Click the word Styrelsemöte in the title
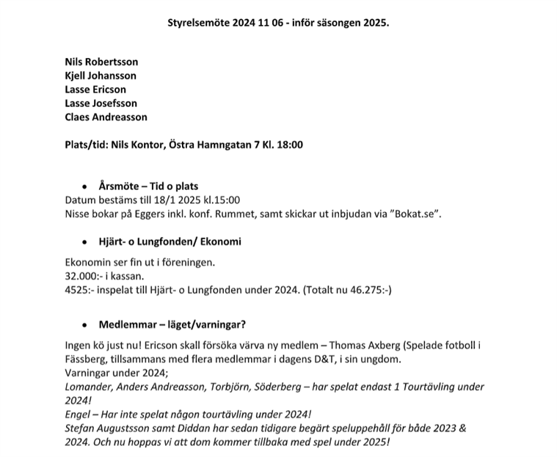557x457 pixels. [198, 22]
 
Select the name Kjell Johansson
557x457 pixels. [101, 76]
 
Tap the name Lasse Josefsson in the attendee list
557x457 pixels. [101, 103]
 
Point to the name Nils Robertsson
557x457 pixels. [101, 62]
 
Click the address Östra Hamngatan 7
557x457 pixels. [224, 145]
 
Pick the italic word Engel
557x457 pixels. [79, 414]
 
